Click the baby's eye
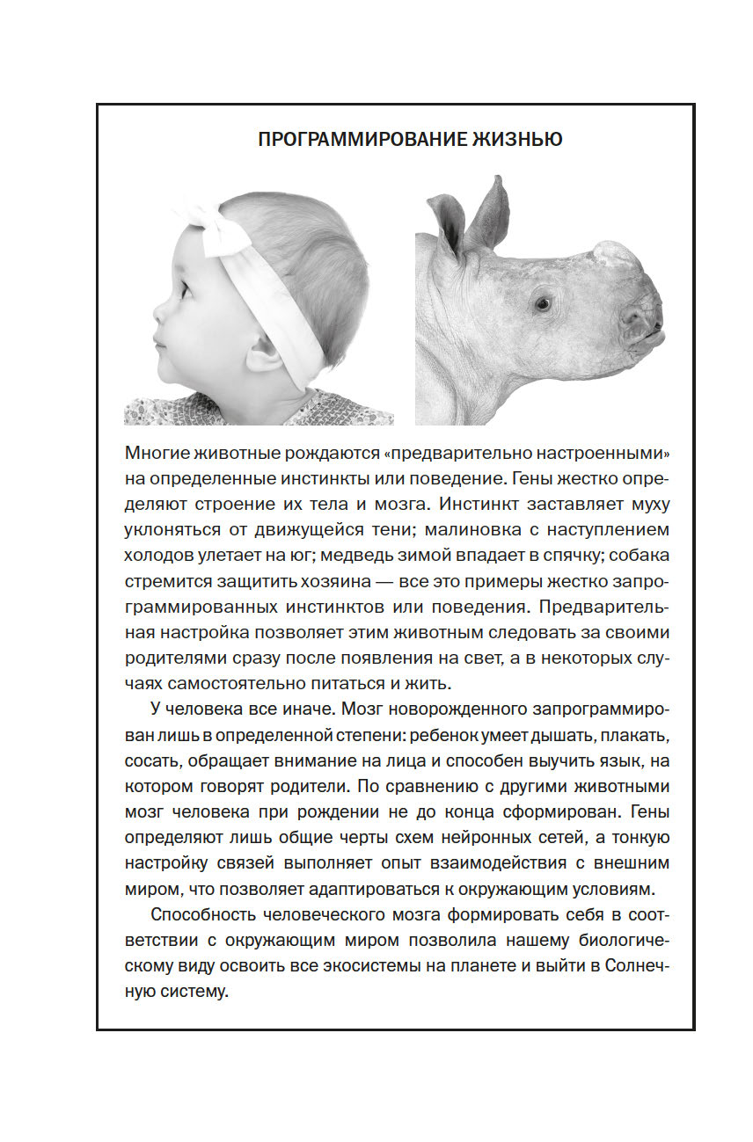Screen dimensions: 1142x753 point(183,286)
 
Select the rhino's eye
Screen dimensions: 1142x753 point(542,304)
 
